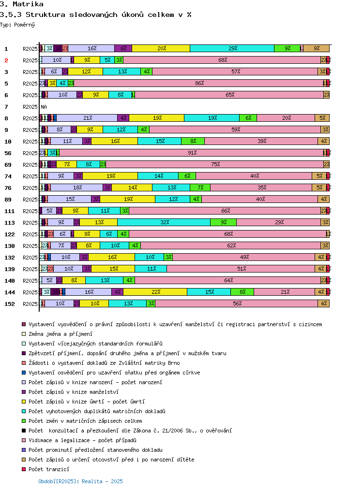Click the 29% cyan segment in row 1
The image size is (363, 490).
(232, 48)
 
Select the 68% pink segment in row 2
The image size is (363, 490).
(223, 60)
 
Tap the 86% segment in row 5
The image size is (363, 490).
(199, 83)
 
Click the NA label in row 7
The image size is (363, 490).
(44, 106)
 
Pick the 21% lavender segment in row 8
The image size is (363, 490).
(88, 118)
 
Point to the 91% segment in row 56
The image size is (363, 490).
(192, 153)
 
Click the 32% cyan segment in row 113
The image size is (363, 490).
(164, 222)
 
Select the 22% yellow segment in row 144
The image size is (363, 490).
(155, 292)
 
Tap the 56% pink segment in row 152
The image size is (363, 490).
(237, 303)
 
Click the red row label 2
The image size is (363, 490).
(6, 60)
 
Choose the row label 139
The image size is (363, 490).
(9, 269)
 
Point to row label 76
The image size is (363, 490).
(8, 188)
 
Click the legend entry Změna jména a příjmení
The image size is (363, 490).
(60, 334)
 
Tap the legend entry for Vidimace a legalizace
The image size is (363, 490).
(82, 440)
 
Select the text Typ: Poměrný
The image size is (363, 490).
(17, 24)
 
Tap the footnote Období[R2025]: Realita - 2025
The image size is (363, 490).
(80, 481)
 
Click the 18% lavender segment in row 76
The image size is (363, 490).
(77, 187)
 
